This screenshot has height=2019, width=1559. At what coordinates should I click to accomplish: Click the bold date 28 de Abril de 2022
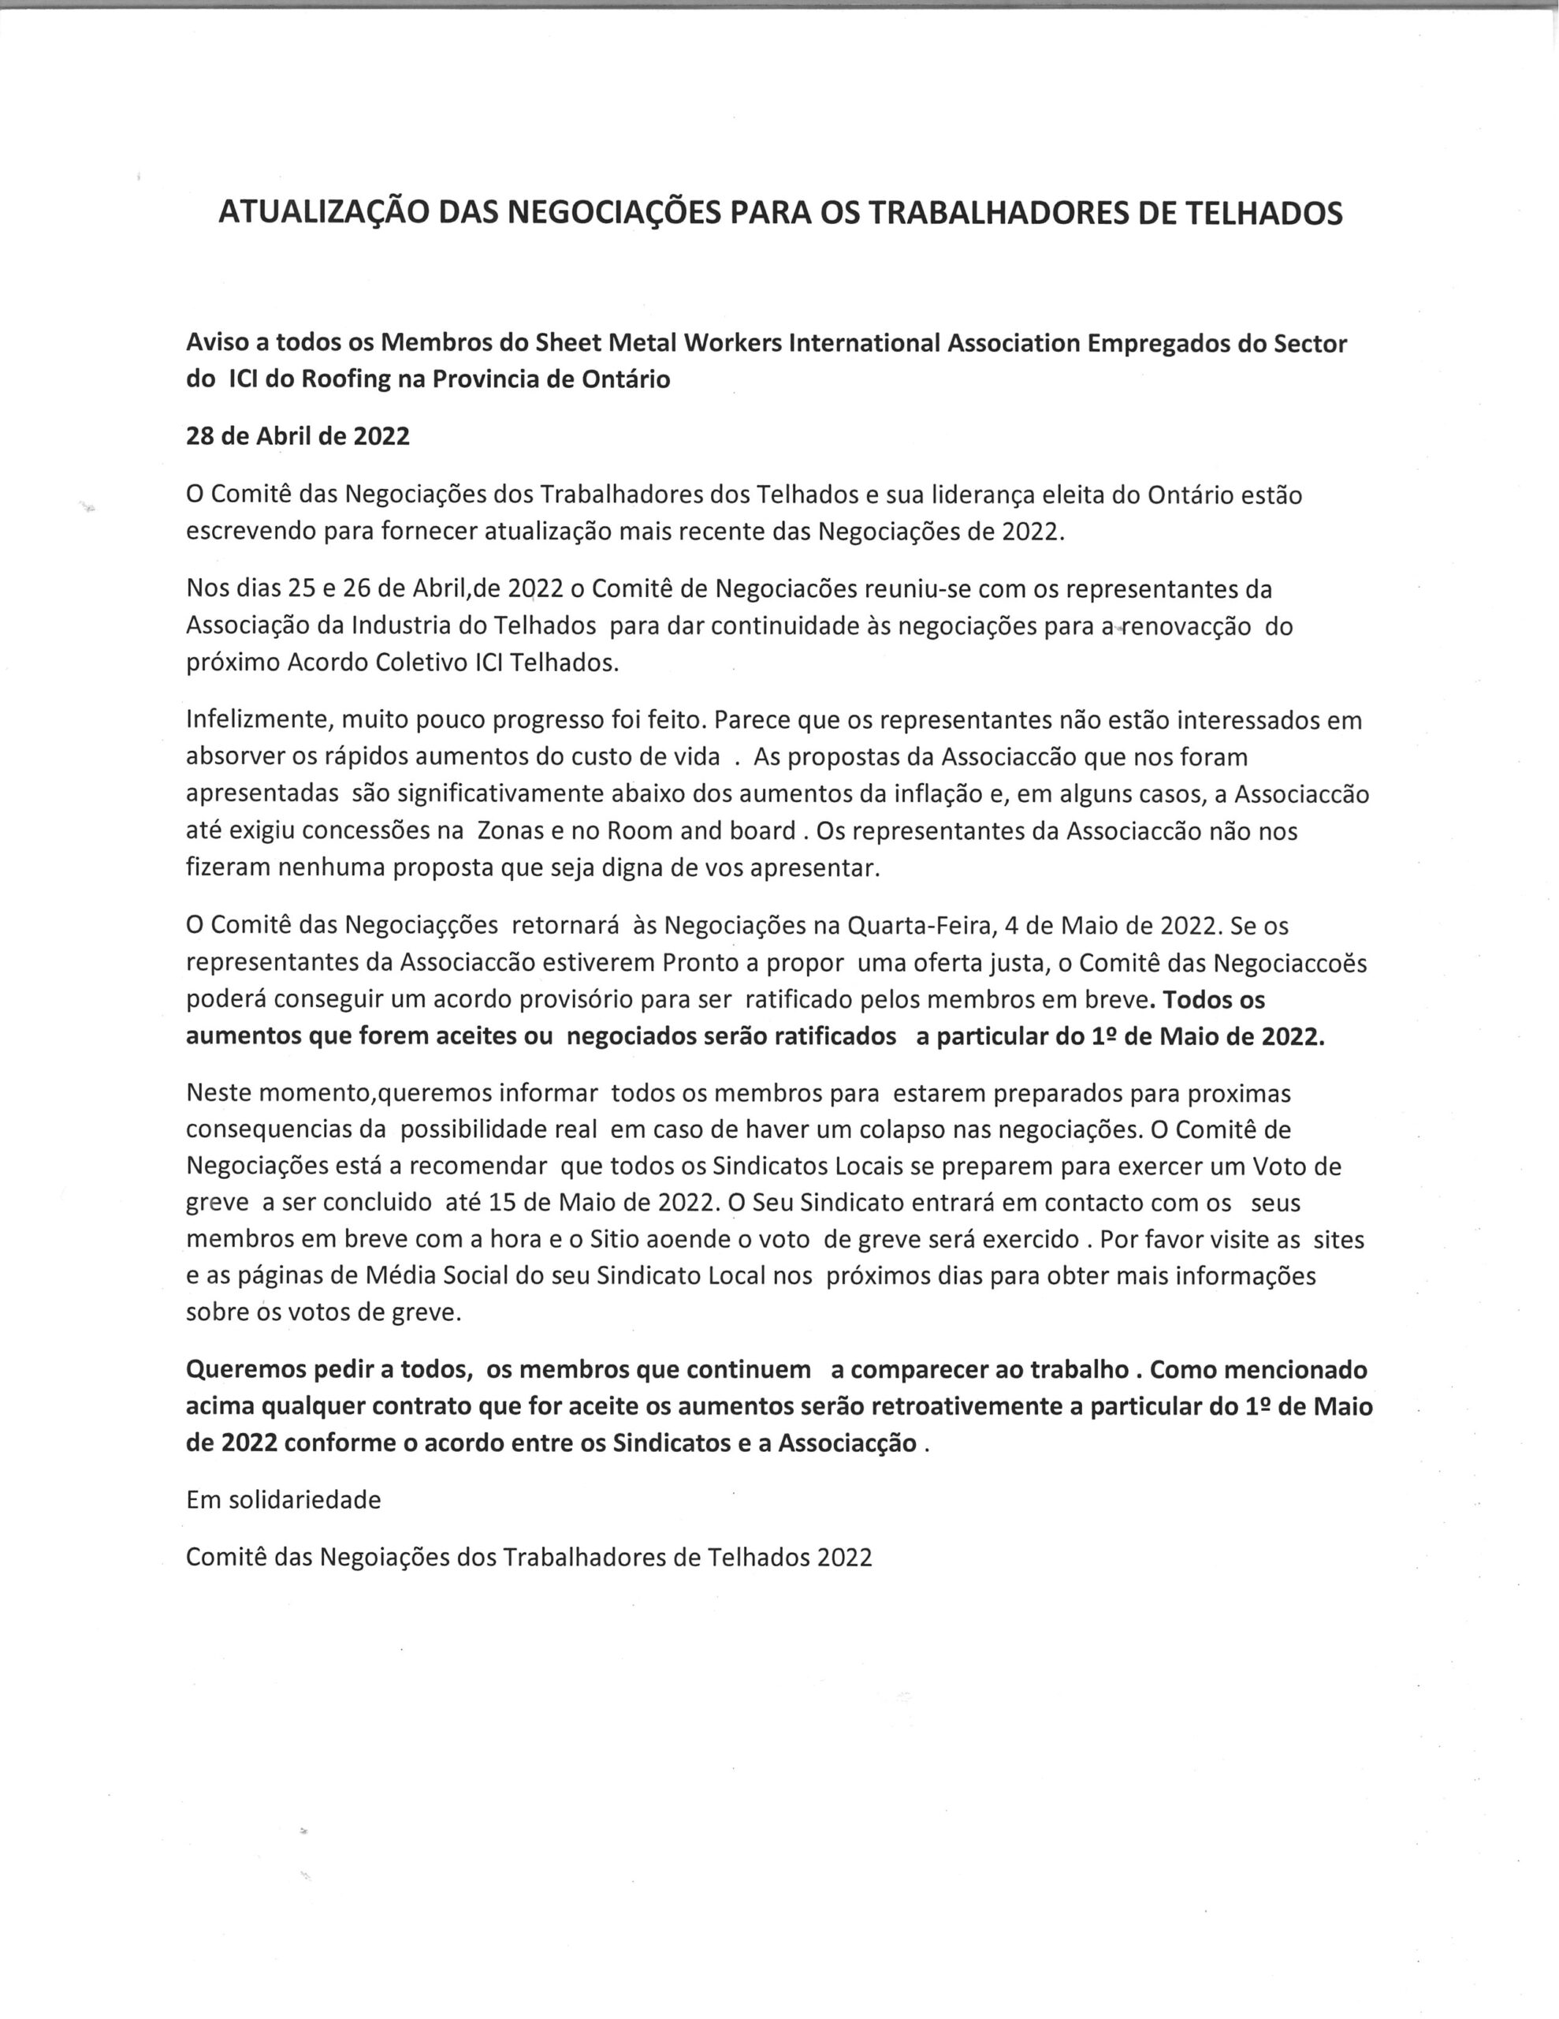click(298, 435)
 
